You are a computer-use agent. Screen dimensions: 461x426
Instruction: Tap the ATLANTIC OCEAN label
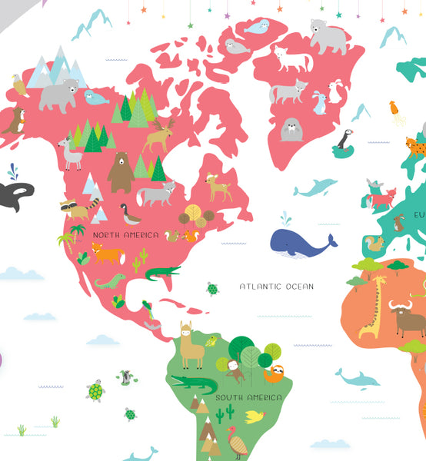pos(276,287)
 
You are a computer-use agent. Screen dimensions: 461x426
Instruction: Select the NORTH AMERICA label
pos(125,234)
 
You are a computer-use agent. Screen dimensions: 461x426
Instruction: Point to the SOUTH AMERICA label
pos(248,397)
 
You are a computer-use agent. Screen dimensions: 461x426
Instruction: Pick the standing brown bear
pos(120,171)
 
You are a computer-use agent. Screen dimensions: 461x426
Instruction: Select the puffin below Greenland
pos(343,141)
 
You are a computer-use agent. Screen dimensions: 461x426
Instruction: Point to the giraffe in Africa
pos(373,307)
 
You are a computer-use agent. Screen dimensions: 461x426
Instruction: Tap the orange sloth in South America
pos(274,373)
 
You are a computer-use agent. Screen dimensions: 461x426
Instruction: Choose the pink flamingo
pos(237,443)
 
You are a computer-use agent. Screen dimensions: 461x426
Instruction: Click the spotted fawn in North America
pos(218,187)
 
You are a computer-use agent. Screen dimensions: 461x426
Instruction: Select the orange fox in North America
pos(106,253)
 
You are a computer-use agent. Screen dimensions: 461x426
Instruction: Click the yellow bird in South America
pos(254,417)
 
